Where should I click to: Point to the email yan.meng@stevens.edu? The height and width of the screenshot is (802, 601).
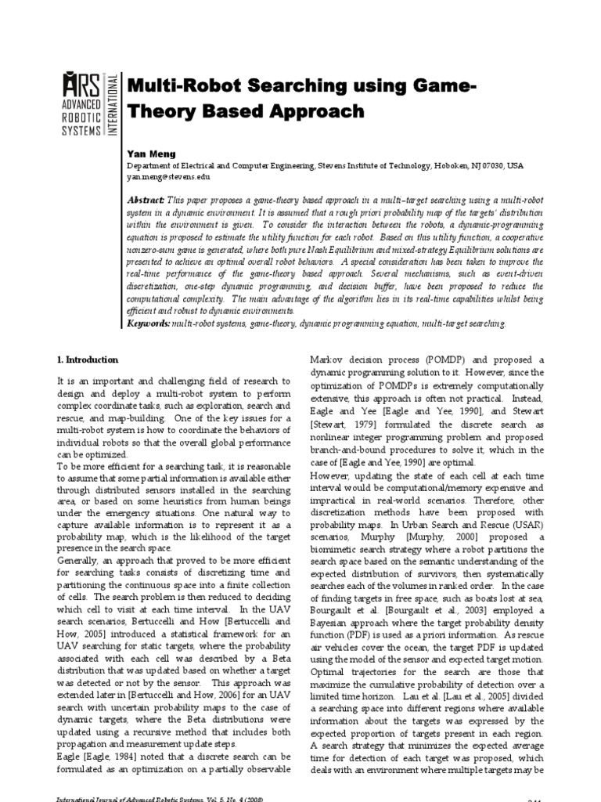[168, 178]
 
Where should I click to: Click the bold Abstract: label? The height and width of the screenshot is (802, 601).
[146, 201]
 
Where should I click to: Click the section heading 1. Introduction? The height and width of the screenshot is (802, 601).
[87, 359]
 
